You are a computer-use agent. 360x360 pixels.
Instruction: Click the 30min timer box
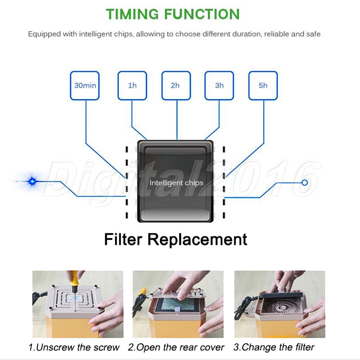[85, 85]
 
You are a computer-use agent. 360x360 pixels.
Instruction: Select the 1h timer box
[132, 85]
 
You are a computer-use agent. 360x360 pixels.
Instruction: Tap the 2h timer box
[176, 85]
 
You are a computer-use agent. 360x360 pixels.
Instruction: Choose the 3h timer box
[219, 85]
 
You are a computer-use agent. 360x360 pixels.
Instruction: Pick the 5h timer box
[263, 85]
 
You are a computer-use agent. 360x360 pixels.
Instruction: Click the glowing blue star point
[32, 181]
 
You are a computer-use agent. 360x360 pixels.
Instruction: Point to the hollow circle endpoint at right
[305, 183]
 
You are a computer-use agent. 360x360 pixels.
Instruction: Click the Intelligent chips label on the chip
[176, 183]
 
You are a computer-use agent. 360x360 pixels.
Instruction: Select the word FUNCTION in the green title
[202, 14]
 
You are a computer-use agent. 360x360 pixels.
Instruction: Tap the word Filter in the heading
[123, 239]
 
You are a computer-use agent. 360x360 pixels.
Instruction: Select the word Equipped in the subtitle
[44, 34]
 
